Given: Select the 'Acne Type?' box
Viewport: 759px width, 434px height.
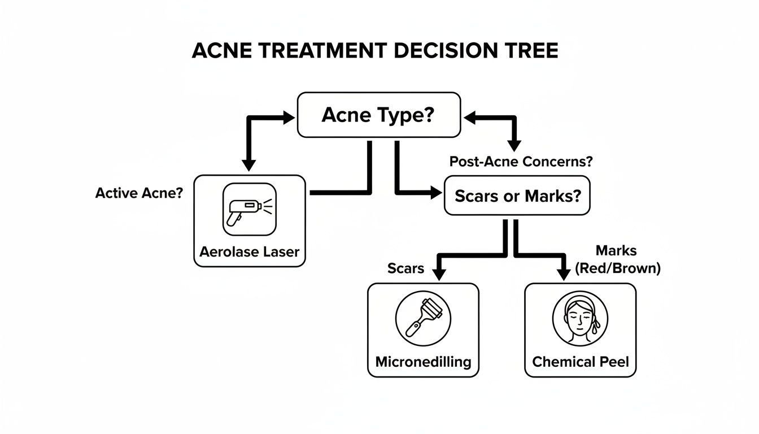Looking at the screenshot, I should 378,115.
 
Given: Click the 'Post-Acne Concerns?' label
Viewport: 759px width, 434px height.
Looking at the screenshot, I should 521,162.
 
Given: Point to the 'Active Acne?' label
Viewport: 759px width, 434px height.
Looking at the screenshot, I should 139,193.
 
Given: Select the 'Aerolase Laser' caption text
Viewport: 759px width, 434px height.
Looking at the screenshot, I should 249,251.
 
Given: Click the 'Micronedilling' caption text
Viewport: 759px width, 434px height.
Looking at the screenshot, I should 423,362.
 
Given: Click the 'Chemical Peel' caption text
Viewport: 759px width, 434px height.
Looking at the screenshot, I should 580,362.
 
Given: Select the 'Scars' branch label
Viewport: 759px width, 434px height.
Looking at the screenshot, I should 405,268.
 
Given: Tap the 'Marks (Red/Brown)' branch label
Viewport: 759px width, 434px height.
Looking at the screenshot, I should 617,259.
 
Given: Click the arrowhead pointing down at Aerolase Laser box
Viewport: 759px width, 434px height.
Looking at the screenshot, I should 249,164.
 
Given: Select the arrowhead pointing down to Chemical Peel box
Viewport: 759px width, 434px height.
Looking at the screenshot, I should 563,274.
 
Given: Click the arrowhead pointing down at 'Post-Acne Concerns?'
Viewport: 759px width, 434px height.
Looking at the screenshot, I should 514,145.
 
